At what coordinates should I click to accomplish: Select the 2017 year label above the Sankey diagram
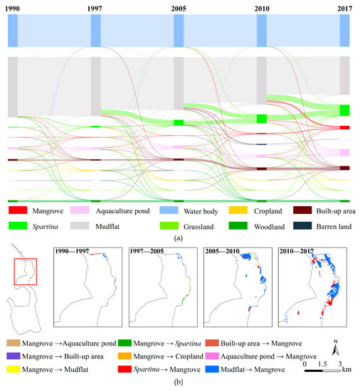click(345, 6)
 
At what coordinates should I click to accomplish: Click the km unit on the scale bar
click(346, 370)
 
